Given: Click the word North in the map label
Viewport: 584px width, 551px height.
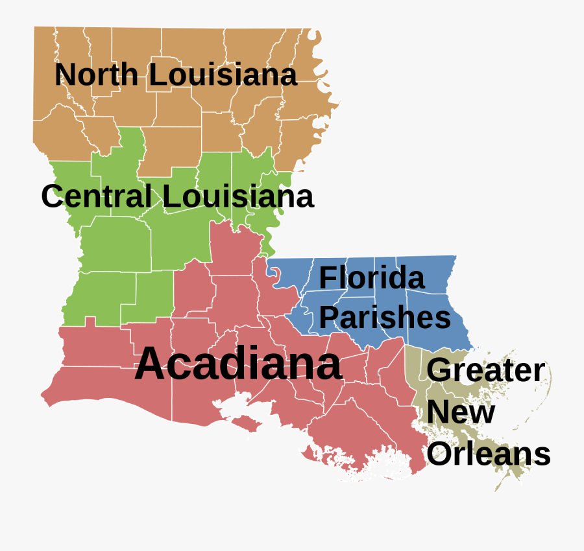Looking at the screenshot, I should (97, 75).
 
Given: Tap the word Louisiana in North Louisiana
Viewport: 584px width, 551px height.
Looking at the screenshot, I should (223, 75).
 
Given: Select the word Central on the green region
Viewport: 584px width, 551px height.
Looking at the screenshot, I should (97, 196).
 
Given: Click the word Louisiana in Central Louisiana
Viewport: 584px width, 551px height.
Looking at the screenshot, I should (238, 196).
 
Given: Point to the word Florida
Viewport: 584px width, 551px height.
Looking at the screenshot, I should (372, 278).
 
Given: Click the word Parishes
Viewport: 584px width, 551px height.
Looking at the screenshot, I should (385, 318).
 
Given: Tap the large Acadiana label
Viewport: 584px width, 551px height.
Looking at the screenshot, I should (238, 364).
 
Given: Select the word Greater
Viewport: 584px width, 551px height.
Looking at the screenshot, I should (485, 371).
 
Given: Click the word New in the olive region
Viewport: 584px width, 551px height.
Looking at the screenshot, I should (461, 412).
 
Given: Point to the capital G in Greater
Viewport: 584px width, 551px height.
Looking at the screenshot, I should (439, 370).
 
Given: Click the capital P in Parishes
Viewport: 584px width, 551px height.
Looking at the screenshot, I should (328, 318).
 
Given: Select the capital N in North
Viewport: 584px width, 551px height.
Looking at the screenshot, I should (65, 75).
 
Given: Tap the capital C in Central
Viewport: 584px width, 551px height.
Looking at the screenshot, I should (53, 196).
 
